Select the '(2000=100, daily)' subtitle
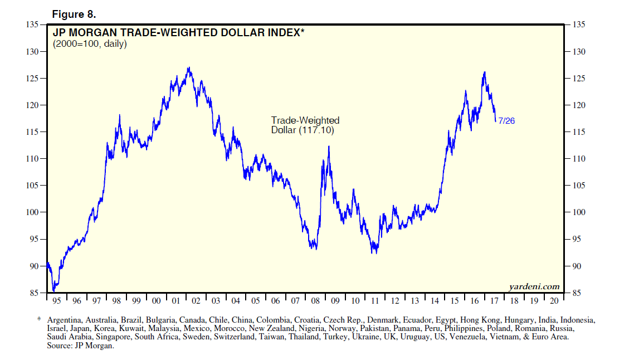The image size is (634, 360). (90, 44)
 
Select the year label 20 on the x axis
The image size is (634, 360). (554, 301)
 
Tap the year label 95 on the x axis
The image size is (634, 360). (57, 301)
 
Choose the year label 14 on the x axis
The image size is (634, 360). (435, 301)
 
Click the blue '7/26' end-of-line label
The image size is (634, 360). (506, 120)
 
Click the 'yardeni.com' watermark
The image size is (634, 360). (534, 286)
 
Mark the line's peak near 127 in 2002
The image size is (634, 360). (189, 68)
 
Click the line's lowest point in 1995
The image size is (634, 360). (53, 290)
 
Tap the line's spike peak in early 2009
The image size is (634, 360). (329, 147)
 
